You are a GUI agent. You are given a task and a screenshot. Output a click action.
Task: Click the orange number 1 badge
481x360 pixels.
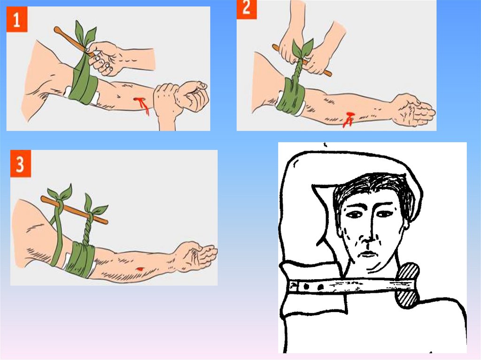17,19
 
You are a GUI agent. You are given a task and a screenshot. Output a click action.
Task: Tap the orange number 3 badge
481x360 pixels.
21,163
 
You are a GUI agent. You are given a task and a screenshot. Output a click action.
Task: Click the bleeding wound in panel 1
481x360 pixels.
142,105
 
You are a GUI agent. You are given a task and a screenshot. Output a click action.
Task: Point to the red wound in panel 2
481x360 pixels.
348,119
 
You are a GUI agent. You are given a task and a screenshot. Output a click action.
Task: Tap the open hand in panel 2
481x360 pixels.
414,110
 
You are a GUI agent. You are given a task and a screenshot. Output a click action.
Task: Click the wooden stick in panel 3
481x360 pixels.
74,210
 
